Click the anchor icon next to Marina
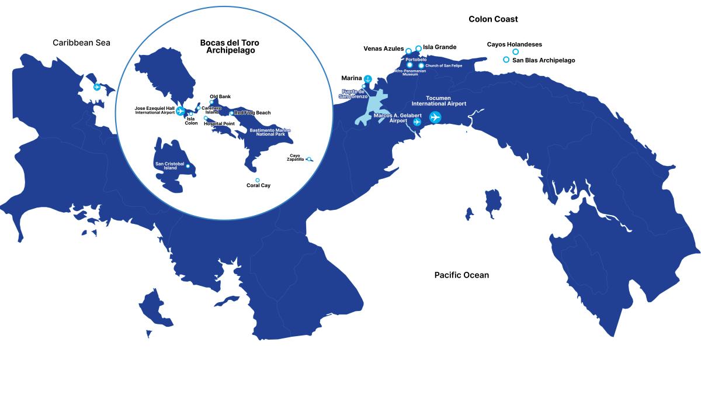click(368, 79)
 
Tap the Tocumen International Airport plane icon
click(435, 117)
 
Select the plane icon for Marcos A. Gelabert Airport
click(417, 122)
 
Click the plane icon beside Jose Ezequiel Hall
click(180, 110)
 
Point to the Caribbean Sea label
click(81, 43)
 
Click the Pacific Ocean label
click(461, 275)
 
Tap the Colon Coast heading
click(493, 19)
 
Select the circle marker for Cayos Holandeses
click(515, 52)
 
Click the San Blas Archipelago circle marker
click(506, 60)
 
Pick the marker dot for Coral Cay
click(258, 180)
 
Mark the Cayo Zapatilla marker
click(309, 158)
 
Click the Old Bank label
click(220, 96)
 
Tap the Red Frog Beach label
click(252, 113)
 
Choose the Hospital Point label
click(219, 124)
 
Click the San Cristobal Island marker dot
click(188, 166)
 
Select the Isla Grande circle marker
click(418, 48)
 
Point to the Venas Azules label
click(383, 49)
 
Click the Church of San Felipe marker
click(421, 65)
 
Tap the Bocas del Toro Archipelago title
click(230, 47)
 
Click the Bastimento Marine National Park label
click(270, 132)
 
